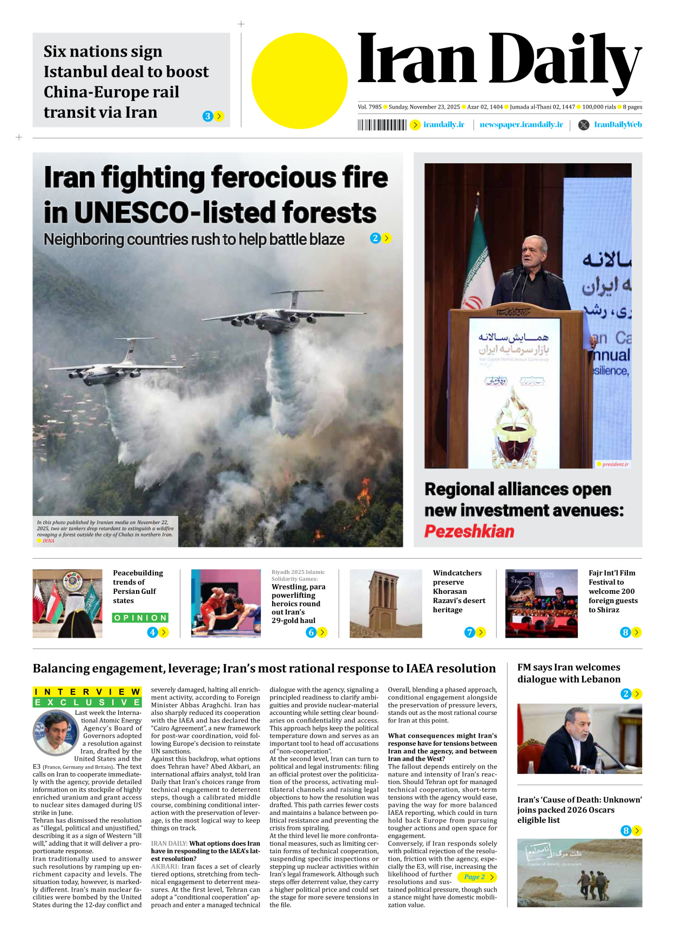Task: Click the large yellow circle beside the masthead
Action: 299,81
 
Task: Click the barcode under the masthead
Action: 382,125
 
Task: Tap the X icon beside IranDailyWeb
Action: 584,125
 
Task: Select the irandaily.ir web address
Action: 443,125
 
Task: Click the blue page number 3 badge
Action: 207,116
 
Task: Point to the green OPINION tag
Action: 140,618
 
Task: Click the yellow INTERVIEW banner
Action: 87,692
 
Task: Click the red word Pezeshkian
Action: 469,532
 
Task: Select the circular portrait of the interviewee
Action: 55,733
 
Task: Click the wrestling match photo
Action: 226,604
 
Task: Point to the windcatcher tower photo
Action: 386,604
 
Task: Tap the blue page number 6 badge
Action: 310,632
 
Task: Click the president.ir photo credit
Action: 615,464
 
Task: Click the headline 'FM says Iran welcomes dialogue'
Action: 569,673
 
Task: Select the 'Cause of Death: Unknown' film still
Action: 579,873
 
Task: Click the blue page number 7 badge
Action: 469,632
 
